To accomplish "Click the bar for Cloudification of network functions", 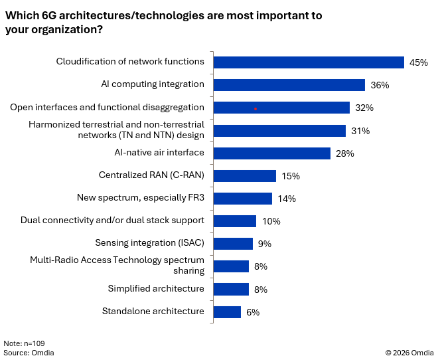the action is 309,62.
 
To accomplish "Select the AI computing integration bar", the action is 289,85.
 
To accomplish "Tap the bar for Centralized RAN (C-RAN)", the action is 245,176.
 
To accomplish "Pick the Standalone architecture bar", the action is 227,312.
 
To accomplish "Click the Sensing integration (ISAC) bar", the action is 233,244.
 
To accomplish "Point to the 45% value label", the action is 419,62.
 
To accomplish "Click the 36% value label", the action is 380,85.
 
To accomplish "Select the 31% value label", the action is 360,131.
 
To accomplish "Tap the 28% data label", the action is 344,153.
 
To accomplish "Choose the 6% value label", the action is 253,312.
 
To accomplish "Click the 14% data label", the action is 287,199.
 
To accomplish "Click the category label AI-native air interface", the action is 159,152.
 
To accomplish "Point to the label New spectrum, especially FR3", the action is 141,198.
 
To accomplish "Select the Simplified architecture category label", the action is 156,289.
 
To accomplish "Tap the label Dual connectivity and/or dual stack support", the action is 112,221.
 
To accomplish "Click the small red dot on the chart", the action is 256,109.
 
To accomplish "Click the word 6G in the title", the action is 49,15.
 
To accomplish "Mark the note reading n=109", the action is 24,343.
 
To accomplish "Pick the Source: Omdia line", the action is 29,353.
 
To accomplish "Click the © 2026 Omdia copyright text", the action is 409,353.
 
